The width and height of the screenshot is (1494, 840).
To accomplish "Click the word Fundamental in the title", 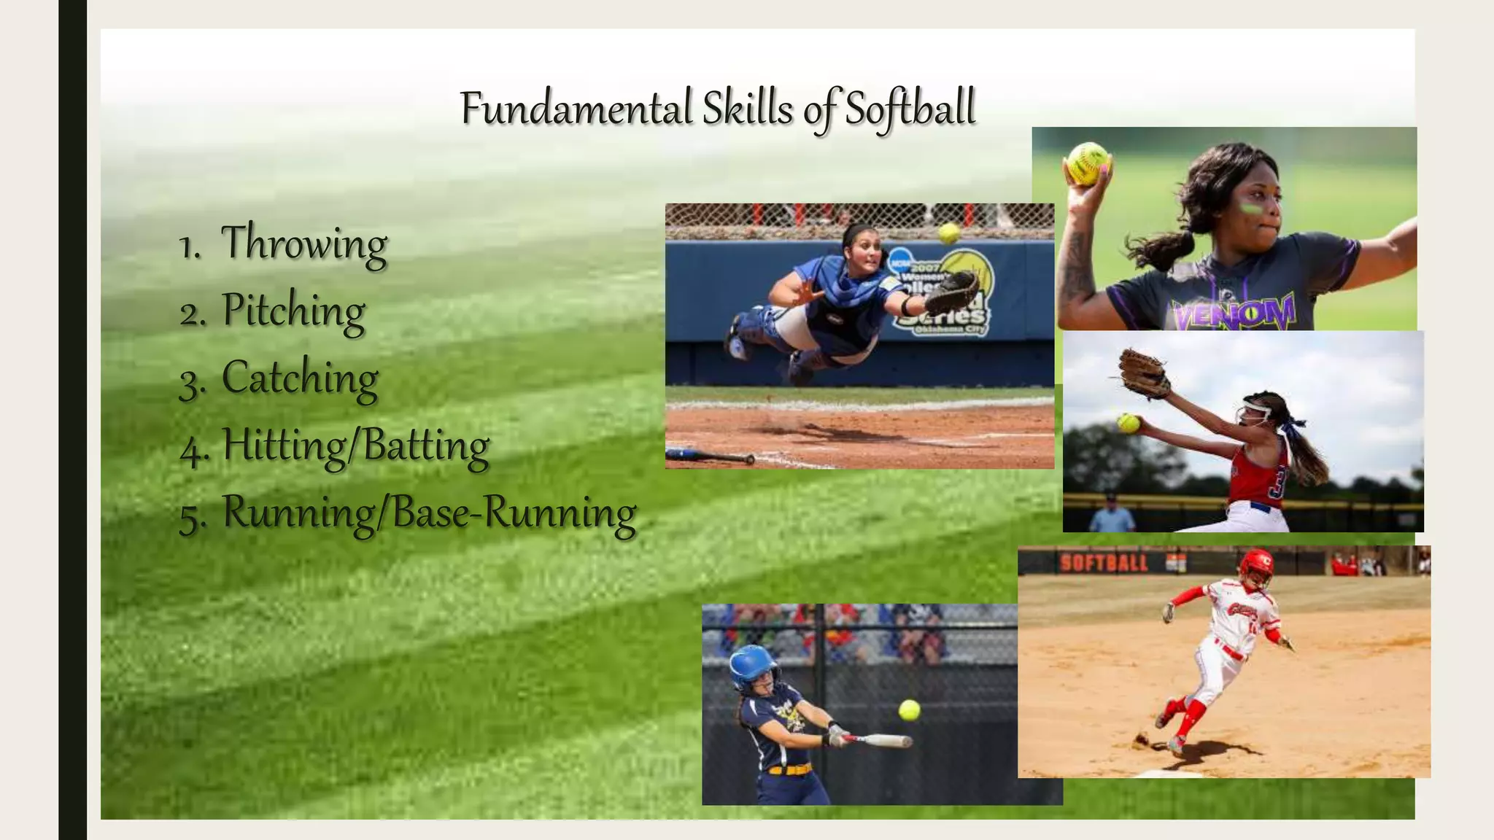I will coord(576,109).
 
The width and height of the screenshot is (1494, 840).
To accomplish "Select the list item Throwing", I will coord(303,243).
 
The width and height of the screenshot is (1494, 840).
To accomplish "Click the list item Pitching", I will coord(293,311).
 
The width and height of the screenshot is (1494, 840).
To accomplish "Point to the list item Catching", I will coord(299,378).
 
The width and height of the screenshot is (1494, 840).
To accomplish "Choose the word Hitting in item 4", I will coord(283,445).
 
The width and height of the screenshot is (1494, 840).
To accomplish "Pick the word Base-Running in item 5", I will coord(514,513).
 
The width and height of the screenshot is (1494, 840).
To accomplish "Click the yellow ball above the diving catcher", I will coord(949,233).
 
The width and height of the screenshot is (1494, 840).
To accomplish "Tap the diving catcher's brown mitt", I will coord(951,291).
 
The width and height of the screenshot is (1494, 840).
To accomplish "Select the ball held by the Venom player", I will coord(1088,163).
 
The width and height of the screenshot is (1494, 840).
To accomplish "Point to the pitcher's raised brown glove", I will coord(1143,373).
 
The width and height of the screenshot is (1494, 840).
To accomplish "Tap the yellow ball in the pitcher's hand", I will coord(1129,423).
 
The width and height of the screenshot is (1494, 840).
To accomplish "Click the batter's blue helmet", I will coord(753,665).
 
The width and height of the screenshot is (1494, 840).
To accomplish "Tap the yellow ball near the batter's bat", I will coord(909,709).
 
